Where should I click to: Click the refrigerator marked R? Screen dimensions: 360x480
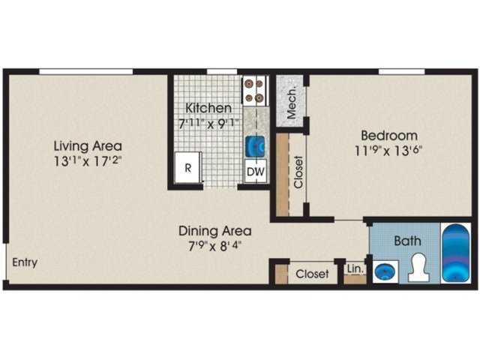(188, 169)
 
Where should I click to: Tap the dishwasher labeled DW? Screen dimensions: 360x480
(256, 172)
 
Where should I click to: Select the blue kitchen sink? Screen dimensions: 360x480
(255, 144)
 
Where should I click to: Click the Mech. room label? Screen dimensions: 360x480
(289, 99)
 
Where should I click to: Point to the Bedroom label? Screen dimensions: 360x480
(388, 136)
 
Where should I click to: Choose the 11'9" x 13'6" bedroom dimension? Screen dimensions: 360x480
(388, 149)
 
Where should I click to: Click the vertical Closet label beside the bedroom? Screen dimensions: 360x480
(298, 172)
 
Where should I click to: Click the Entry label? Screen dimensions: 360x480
(24, 262)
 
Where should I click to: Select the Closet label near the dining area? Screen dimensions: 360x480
(312, 274)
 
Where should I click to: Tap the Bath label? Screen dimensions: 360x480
(408, 241)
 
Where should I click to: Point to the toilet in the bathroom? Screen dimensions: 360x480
(418, 268)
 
